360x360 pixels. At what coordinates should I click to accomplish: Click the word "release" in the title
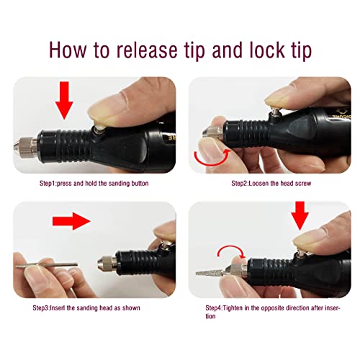point(147,50)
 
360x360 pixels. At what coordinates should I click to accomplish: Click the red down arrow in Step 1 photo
point(64,100)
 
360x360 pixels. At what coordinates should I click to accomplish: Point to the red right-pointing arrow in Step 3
point(71,221)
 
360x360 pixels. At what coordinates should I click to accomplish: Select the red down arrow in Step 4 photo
point(300,215)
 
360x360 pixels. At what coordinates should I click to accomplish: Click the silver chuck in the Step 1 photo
point(25,146)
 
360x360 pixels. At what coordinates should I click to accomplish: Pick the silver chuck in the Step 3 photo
point(107,266)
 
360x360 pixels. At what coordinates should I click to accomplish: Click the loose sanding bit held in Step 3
point(47,265)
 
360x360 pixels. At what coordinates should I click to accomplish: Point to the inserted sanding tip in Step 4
point(211,273)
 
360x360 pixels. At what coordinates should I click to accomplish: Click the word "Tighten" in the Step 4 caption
point(233,308)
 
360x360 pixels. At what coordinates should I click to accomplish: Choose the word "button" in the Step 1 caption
point(140,184)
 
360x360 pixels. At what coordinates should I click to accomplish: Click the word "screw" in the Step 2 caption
point(303,184)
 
